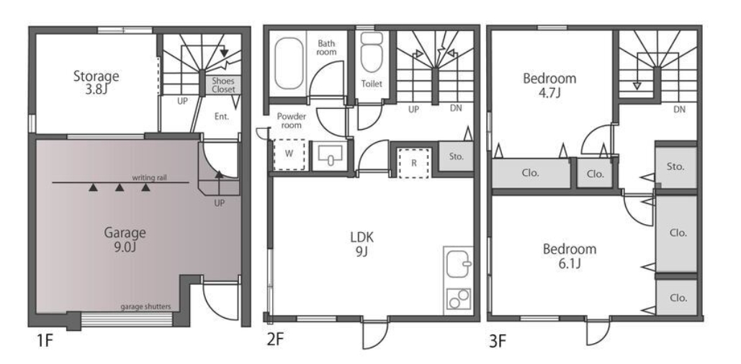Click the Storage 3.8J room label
[96, 82]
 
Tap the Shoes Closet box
[223, 85]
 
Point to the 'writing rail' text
[150, 178]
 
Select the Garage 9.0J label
[125, 239]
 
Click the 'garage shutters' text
[145, 306]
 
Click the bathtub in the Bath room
[289, 63]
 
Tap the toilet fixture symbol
[372, 52]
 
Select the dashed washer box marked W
[289, 154]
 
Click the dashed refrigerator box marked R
[414, 163]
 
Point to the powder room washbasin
[331, 154]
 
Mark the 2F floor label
[276, 341]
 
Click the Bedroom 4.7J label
[549, 84]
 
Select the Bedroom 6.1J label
[570, 256]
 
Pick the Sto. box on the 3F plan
[675, 167]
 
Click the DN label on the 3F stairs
[680, 110]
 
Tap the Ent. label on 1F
[222, 116]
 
